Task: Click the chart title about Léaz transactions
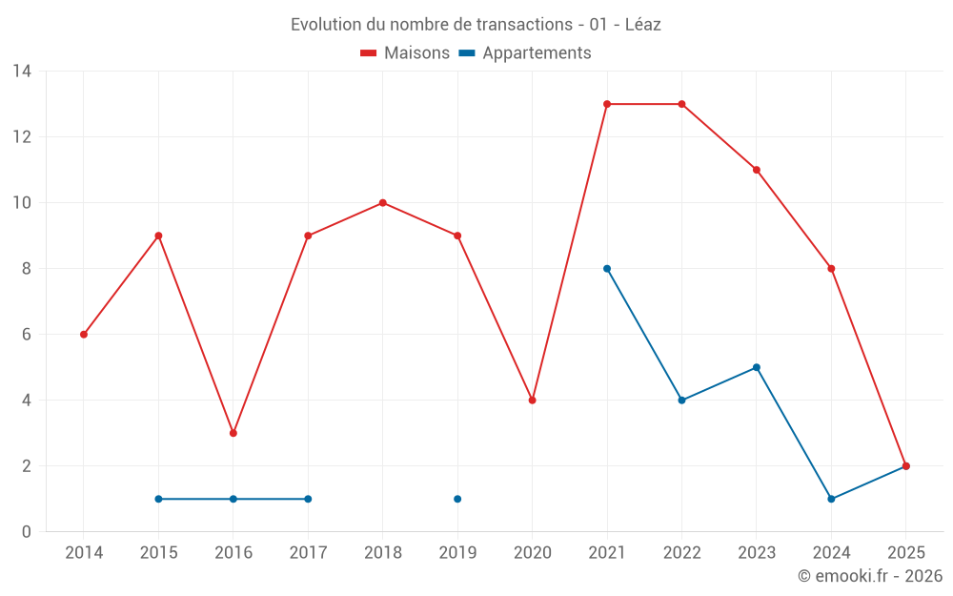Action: (476, 25)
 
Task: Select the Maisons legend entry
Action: (405, 53)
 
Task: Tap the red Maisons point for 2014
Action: (84, 335)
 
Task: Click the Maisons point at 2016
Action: (233, 433)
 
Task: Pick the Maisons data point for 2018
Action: (383, 203)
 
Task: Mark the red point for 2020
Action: (533, 401)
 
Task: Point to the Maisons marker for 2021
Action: (607, 104)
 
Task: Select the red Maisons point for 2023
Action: (757, 170)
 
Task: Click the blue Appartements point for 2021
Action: (607, 269)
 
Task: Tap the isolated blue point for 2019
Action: (457, 499)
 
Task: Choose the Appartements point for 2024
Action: (831, 499)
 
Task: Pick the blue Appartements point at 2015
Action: (158, 499)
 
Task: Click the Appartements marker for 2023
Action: (757, 367)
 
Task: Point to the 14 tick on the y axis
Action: (22, 72)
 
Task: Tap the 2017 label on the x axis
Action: (308, 553)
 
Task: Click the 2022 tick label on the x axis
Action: (681, 553)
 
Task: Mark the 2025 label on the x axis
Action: (906, 553)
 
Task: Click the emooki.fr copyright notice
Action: (870, 576)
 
